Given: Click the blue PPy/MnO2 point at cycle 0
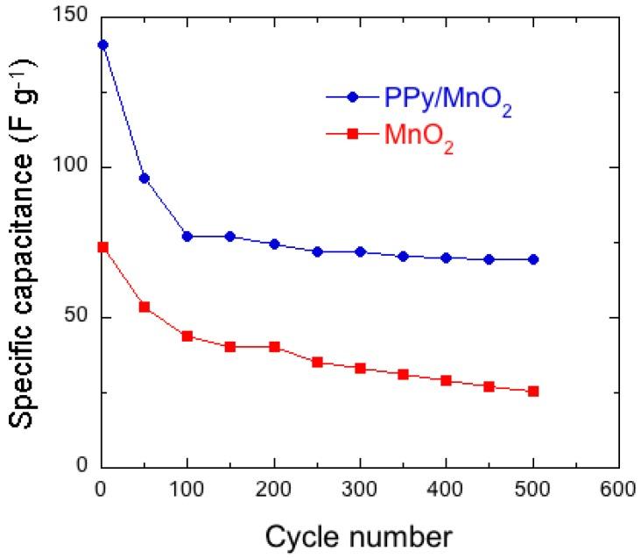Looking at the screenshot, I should coord(102,45).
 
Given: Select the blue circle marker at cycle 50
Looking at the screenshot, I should coord(144,179).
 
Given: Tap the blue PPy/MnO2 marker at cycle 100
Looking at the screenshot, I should coord(187,237).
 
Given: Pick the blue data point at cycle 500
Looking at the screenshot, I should coord(533,259).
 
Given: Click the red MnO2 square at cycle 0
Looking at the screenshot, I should coord(102,247).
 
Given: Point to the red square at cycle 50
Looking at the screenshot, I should coord(144,307).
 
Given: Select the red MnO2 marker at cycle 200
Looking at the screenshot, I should coord(274,347).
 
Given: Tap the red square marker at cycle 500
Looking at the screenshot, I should coord(533,391).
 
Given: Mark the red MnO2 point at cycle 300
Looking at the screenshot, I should coord(360,368).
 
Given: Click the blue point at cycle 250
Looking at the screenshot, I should coord(317,251).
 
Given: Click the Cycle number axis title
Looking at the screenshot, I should coord(360,534).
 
